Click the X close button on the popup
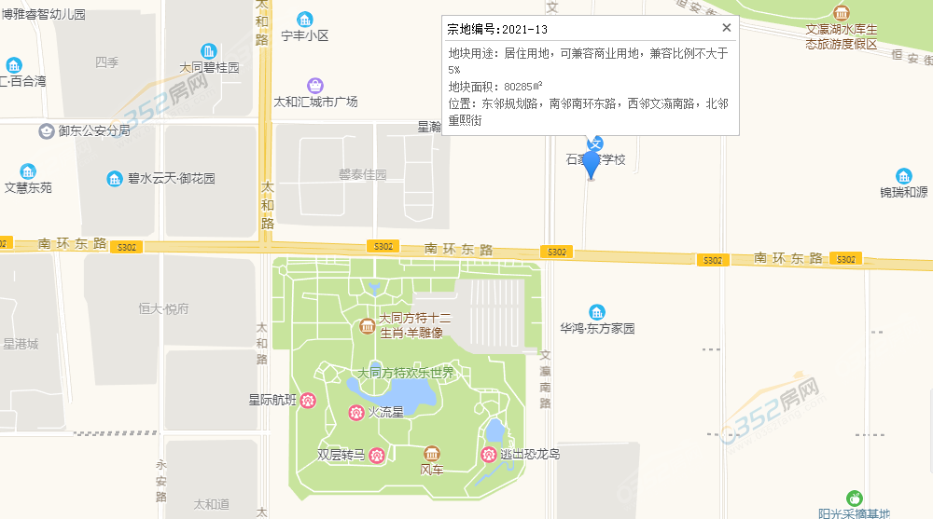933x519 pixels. (727, 27)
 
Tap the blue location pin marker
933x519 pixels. (591, 157)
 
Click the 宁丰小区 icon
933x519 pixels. (305, 20)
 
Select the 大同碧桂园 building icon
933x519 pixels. (209, 50)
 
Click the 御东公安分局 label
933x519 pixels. (93, 130)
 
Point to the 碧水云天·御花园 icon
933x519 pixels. (115, 178)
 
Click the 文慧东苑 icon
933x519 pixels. (28, 171)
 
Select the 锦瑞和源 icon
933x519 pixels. (903, 176)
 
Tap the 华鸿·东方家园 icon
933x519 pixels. (597, 312)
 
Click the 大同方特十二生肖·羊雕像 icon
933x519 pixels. (367, 325)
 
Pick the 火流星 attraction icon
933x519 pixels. (355, 412)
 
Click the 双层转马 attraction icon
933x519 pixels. (377, 455)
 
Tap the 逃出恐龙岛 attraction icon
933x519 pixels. (487, 454)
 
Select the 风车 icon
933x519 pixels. (431, 453)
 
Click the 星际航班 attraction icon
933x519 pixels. (307, 400)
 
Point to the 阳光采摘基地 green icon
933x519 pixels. (854, 498)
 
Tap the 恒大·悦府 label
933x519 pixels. (163, 308)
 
